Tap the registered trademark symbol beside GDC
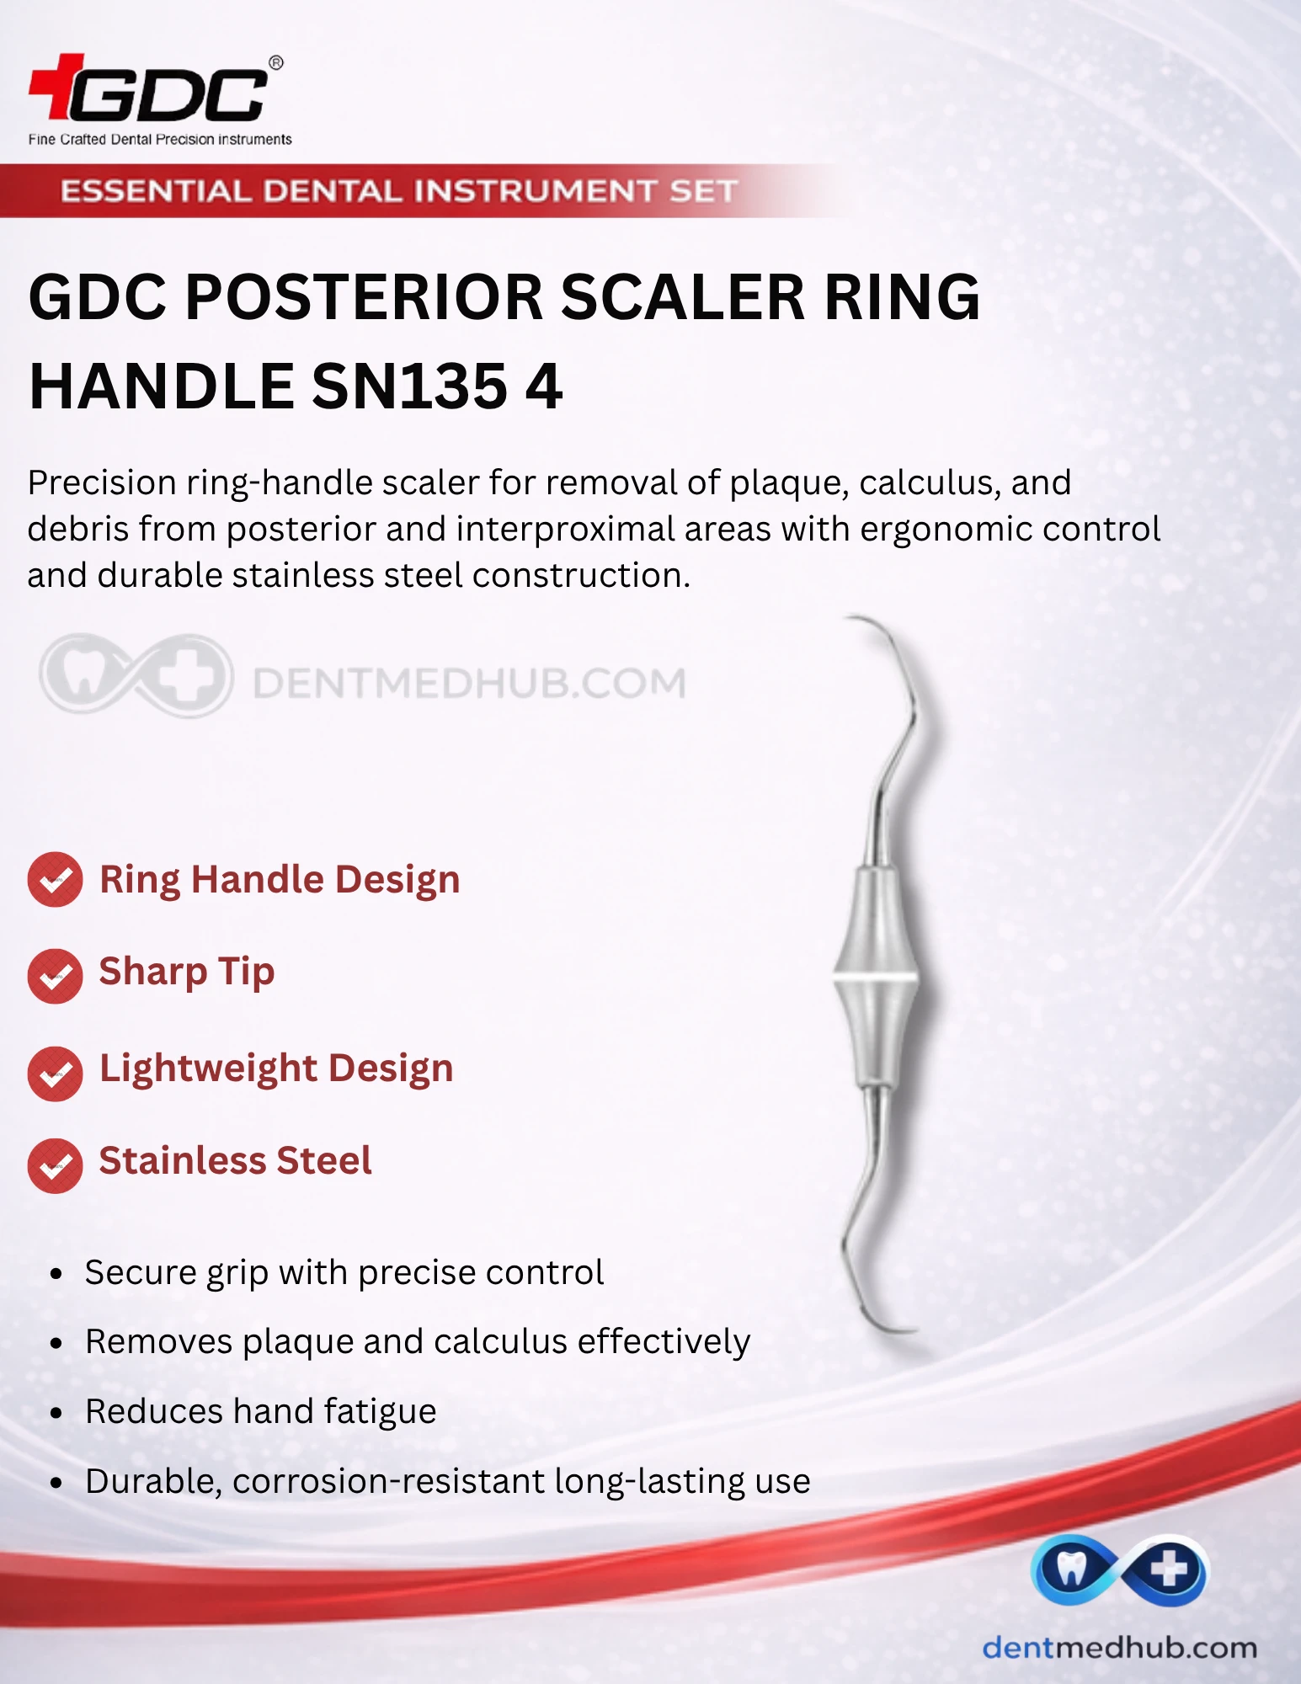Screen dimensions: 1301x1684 click(275, 62)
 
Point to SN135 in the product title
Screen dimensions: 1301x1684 click(409, 386)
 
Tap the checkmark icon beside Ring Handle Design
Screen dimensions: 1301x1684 click(55, 880)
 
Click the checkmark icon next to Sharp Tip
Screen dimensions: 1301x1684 click(55, 976)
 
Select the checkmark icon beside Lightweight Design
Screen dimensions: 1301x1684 click(55, 1074)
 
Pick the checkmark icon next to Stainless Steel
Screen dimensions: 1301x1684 click(55, 1165)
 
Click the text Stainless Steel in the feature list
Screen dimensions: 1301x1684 click(235, 1160)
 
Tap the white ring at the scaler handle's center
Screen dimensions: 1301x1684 click(876, 979)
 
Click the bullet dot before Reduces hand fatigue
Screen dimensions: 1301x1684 click(56, 1413)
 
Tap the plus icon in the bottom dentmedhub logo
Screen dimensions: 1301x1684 click(1169, 1569)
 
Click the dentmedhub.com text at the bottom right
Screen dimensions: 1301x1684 click(1120, 1647)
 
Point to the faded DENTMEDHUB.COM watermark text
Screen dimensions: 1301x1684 click(469, 683)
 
